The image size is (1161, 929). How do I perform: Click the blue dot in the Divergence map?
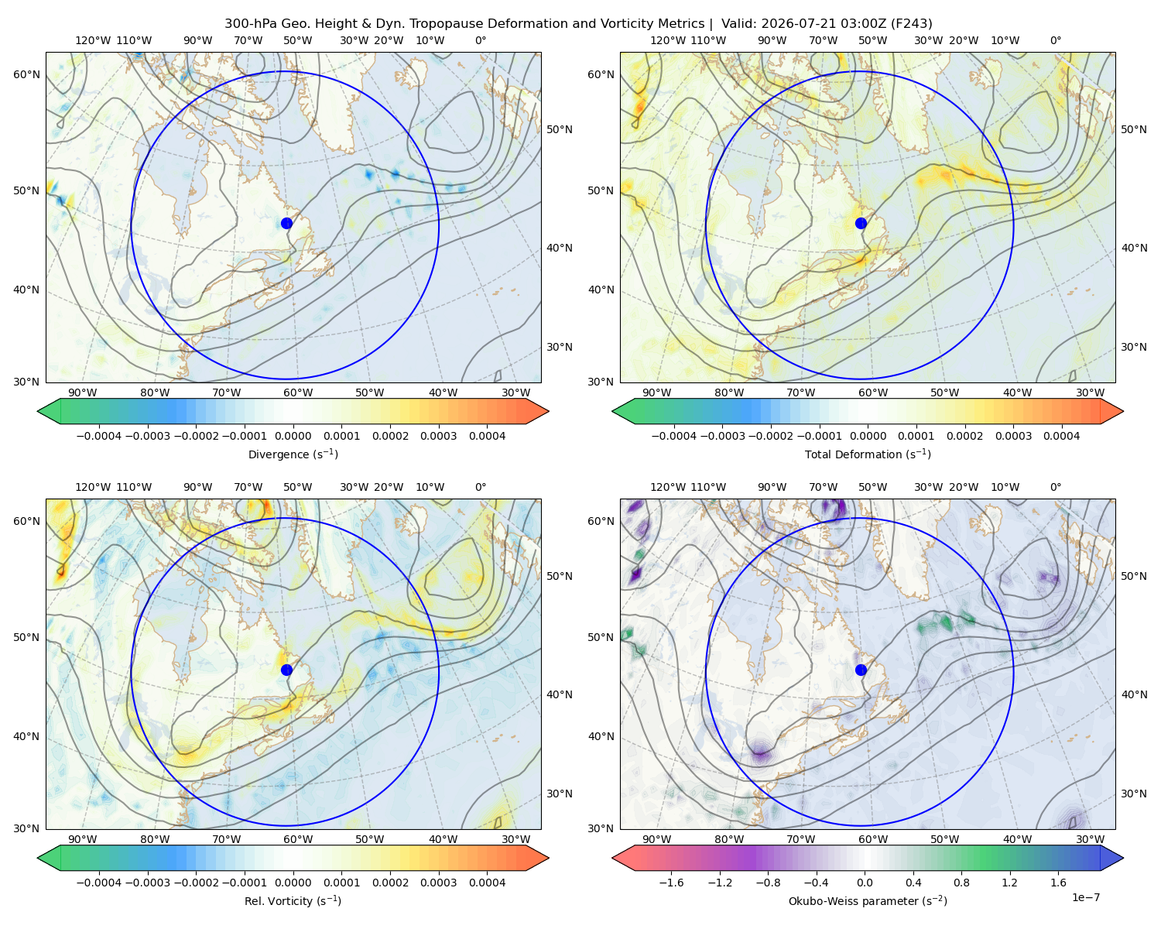[x=286, y=223]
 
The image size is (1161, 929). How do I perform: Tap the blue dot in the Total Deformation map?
[x=861, y=223]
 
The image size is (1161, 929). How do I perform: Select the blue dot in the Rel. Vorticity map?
[x=286, y=670]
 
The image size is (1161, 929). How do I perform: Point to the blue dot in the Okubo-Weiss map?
[x=861, y=670]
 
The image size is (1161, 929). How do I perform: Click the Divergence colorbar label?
[x=293, y=454]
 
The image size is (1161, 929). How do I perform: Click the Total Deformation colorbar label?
[x=868, y=454]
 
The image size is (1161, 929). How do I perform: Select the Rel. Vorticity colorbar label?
[x=293, y=900]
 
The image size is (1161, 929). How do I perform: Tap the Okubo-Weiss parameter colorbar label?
[x=868, y=900]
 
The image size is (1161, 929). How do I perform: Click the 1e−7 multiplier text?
[x=1085, y=897]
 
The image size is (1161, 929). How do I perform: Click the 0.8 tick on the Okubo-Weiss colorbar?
[x=961, y=882]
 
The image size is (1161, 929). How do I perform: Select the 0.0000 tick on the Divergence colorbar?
[x=293, y=436]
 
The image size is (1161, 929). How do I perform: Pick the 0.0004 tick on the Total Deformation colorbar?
[x=1061, y=436]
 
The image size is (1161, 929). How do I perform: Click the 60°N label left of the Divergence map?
[x=26, y=74]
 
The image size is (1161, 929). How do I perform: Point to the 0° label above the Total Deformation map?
[x=1055, y=40]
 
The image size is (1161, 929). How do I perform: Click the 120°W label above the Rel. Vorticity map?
[x=93, y=486]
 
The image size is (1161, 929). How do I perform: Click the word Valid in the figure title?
[x=737, y=23]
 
